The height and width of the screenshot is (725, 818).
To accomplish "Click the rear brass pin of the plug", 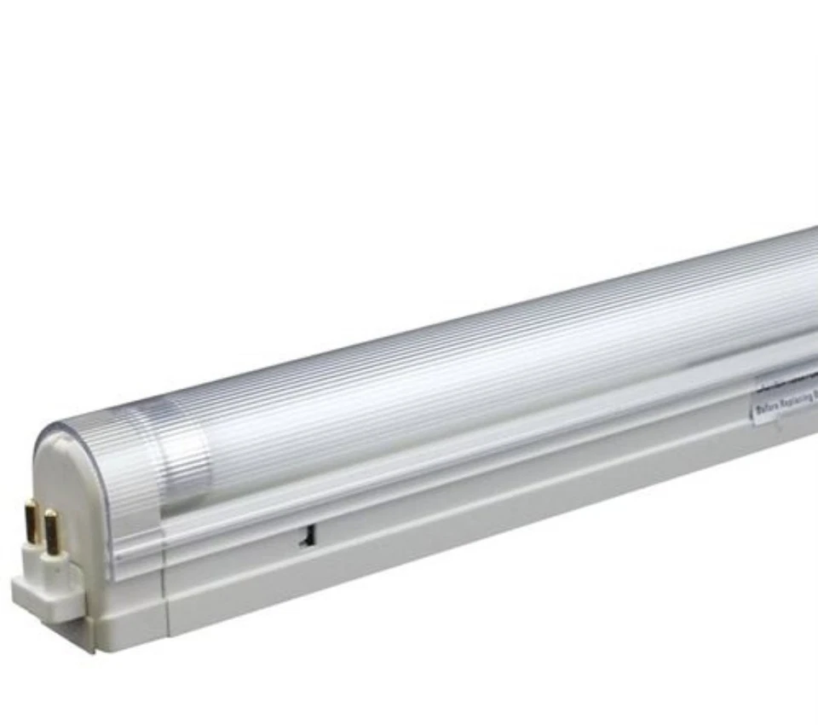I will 31,522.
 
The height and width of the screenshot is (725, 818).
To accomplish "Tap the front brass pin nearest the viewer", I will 51,533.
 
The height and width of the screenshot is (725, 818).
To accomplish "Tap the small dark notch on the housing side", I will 304,535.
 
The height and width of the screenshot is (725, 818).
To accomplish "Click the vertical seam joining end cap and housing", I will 165,597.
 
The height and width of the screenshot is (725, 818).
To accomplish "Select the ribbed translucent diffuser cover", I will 477,375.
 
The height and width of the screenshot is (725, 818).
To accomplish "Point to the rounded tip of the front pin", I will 50,514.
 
